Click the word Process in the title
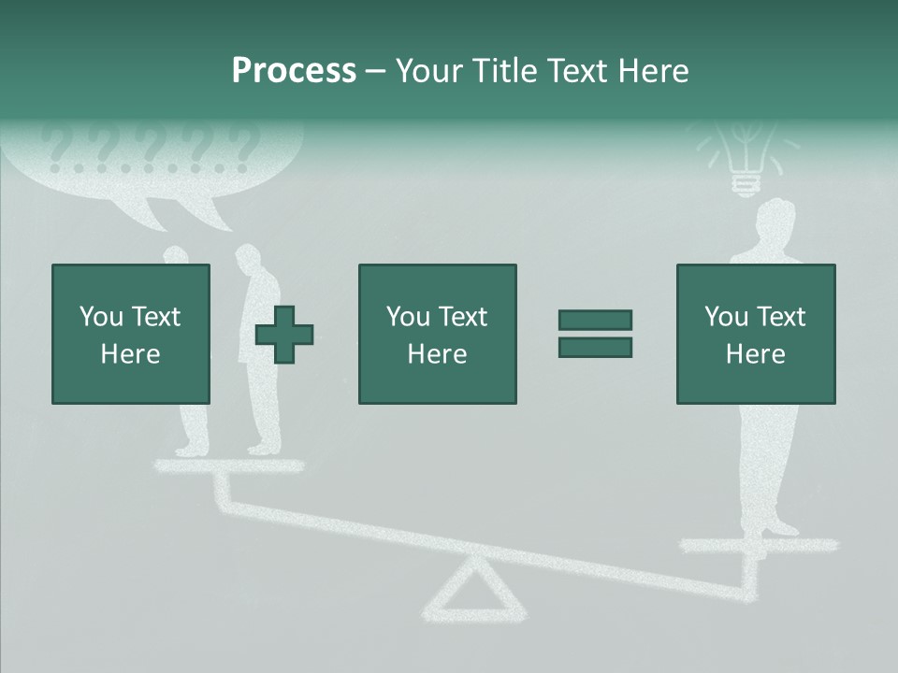pos(294,71)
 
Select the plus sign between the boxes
pos(284,335)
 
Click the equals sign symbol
pos(595,334)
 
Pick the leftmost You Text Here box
pos(130,334)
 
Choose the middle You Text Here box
pos(437,334)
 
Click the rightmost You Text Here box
pos(755,334)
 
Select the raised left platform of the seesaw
pos(228,465)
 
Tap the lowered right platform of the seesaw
pos(758,545)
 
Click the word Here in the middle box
pos(437,354)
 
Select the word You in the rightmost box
pos(726,317)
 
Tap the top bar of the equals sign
pos(595,320)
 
